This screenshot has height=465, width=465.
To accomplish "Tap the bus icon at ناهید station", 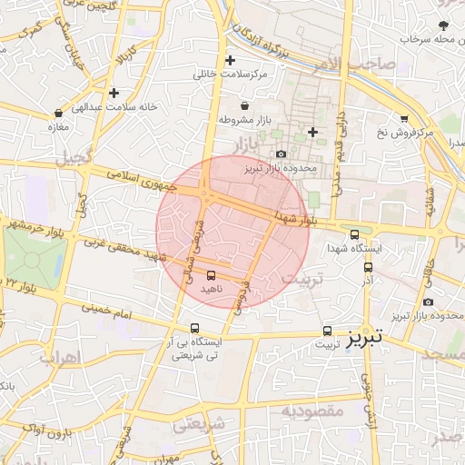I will click(212, 274).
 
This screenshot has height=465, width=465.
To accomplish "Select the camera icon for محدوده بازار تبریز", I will click(281, 154).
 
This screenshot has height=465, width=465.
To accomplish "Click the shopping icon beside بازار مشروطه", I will click(245, 106).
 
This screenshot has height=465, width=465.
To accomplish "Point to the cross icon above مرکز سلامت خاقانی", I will click(231, 60).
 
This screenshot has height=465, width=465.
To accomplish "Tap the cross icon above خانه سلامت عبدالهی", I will click(114, 93).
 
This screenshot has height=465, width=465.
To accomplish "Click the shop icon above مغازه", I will click(59, 114).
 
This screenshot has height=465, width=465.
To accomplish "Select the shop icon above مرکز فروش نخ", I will click(403, 119).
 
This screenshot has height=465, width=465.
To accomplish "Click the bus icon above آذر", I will click(368, 267).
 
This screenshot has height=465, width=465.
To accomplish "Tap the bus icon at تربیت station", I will click(327, 331).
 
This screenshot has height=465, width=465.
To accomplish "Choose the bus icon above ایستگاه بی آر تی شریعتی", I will click(194, 329).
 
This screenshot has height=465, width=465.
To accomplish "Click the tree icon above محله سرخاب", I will click(443, 25).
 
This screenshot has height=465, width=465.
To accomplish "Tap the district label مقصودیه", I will click(312, 411).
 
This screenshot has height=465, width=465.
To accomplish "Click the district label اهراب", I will click(64, 357).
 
